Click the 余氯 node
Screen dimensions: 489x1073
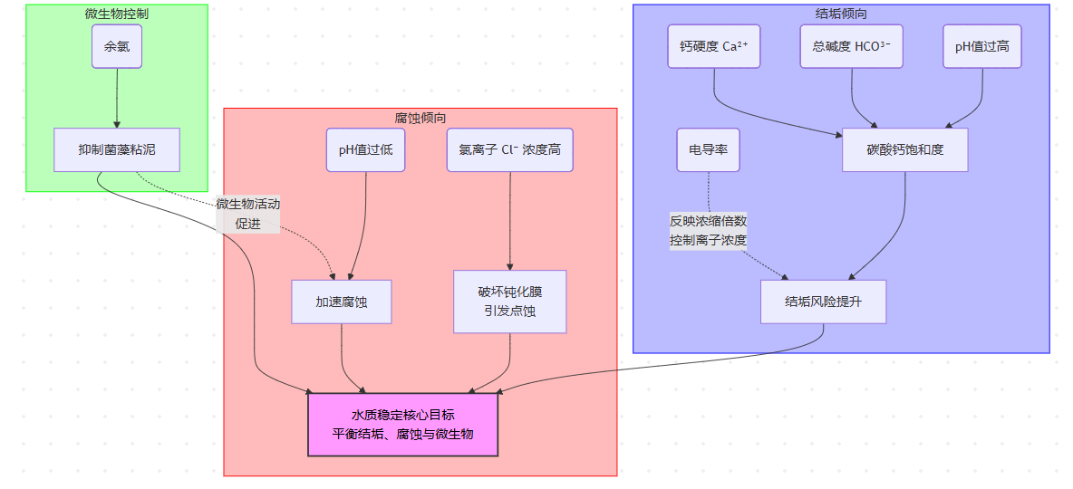point(117,46)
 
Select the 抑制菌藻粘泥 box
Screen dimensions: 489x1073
point(117,149)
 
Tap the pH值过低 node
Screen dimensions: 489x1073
point(365,149)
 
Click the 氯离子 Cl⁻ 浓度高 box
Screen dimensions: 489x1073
point(510,149)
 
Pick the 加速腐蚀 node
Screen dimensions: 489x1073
point(341,302)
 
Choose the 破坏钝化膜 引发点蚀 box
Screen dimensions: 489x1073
point(510,302)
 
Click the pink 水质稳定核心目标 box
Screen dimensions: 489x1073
point(402,424)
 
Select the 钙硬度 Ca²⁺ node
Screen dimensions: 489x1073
point(714,46)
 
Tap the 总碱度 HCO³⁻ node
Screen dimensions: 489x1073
point(852,46)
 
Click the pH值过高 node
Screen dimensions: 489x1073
point(982,46)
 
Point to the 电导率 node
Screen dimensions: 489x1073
point(709,149)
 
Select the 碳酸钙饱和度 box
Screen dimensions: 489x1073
point(905,149)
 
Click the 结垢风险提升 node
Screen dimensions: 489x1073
point(823,302)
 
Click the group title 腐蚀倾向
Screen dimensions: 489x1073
point(420,118)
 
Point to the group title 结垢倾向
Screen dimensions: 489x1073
point(841,14)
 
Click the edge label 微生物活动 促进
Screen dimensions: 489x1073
point(247,214)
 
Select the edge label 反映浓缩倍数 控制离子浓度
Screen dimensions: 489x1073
point(709,230)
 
